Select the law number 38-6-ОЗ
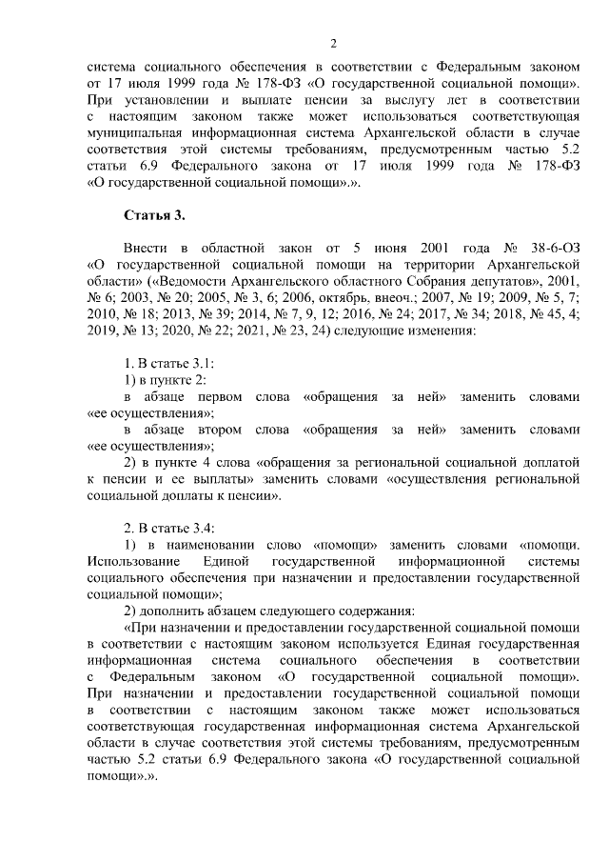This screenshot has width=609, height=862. (501, 248)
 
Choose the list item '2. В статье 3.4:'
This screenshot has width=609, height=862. (163, 524)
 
